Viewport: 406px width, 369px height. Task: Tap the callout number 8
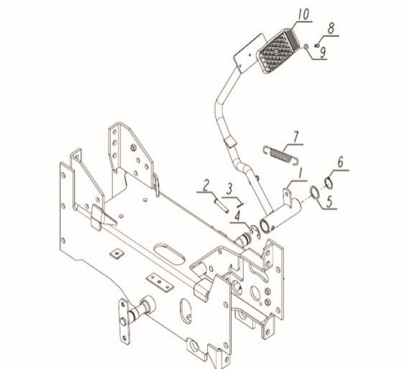[x=331, y=27]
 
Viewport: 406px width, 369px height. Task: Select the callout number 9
[x=322, y=52]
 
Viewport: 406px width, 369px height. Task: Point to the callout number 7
[x=296, y=137]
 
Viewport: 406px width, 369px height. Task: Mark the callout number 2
[x=205, y=186]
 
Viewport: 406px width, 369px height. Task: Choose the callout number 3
[x=230, y=188]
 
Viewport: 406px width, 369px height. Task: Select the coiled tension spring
[x=282, y=155]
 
